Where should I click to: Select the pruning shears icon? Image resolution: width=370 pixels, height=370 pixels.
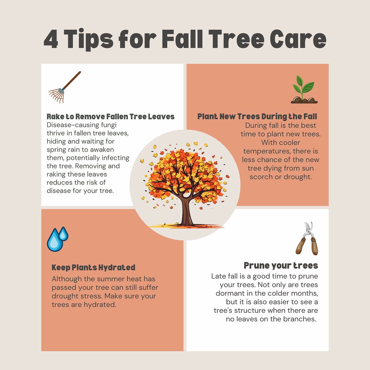click(307, 238)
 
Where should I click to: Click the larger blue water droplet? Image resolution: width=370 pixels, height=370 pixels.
click(55, 240)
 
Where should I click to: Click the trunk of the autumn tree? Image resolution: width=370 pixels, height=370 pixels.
click(187, 210)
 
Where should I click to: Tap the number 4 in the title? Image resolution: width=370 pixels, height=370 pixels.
click(51, 39)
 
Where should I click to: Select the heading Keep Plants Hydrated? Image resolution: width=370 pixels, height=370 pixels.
click(94, 267)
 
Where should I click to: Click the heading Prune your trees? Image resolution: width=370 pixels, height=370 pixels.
click(281, 266)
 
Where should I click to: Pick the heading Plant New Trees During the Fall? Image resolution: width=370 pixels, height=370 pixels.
click(257, 117)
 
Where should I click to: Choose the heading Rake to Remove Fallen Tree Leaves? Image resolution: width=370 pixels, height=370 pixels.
click(110, 117)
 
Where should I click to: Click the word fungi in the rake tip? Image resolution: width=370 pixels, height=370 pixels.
click(108, 125)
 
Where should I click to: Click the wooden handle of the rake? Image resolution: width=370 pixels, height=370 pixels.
click(72, 80)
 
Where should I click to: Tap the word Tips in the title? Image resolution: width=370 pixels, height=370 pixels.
click(89, 39)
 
